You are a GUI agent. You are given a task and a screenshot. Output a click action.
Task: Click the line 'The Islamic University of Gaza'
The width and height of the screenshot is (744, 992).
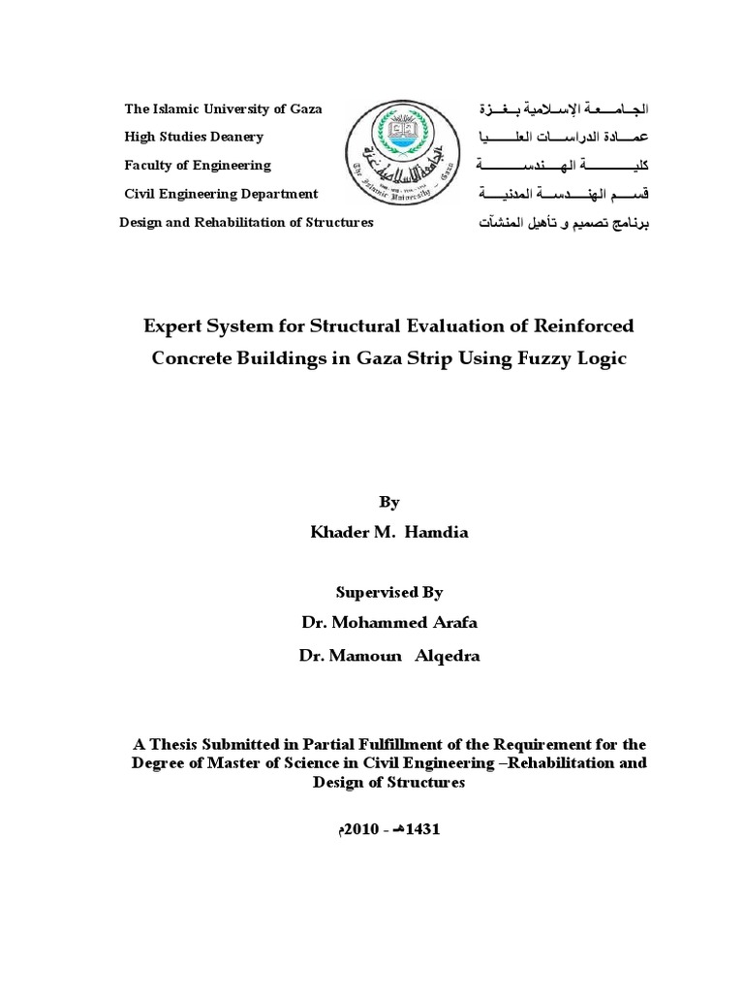tap(223, 108)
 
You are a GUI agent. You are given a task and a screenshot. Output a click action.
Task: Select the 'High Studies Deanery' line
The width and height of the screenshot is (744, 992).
tap(194, 137)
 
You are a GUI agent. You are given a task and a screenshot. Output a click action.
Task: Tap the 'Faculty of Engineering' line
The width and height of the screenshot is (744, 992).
tap(198, 166)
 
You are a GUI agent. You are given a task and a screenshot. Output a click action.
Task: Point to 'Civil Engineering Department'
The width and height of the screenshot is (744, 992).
tap(221, 194)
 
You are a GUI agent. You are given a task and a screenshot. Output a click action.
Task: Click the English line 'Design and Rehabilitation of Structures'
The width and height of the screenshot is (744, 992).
tap(246, 223)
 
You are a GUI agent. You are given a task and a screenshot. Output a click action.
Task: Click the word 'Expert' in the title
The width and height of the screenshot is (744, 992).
tap(177, 324)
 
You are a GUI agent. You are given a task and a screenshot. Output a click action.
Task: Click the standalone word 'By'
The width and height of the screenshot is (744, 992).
tap(388, 502)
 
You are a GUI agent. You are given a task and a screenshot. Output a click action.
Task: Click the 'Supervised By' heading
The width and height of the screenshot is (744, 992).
tap(388, 592)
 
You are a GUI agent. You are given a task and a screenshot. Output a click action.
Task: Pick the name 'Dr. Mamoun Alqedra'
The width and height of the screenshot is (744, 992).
tap(388, 656)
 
